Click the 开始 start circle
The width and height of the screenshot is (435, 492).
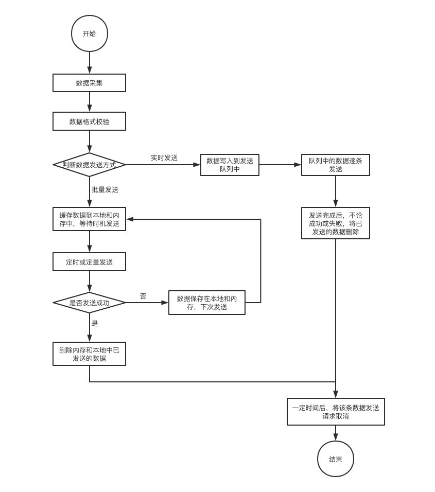click(x=90, y=33)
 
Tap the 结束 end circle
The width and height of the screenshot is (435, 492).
click(x=335, y=459)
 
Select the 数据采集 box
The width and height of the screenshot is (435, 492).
click(x=89, y=83)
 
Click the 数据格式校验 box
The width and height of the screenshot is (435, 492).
click(x=89, y=121)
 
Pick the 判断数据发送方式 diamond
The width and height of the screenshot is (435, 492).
click(x=90, y=165)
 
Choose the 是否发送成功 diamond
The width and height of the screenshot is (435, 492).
click(x=90, y=303)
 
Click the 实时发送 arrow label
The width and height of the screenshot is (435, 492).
click(x=164, y=158)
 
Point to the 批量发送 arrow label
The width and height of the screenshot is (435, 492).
click(x=105, y=189)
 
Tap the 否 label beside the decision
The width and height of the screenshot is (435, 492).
click(x=143, y=296)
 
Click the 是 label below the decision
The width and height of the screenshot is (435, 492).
click(x=95, y=323)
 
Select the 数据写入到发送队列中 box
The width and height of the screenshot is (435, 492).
click(x=230, y=165)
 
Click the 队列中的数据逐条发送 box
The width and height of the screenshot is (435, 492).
click(x=335, y=165)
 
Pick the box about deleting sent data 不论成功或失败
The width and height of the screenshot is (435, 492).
click(x=335, y=223)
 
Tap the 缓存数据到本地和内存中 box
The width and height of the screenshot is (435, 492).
click(x=89, y=219)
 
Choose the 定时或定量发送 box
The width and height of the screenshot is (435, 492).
click(x=89, y=261)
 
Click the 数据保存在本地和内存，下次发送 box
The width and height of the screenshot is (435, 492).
click(x=207, y=303)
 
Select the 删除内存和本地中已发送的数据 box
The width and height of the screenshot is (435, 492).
click(x=89, y=354)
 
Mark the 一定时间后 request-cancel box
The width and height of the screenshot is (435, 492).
click(x=336, y=412)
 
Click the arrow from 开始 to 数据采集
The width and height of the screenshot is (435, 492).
click(x=90, y=63)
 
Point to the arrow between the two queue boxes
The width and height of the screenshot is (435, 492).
click(x=280, y=165)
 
